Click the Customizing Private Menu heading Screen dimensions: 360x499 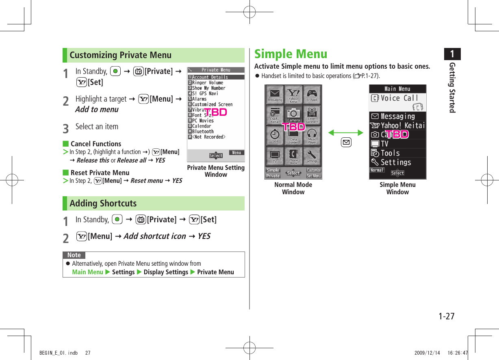(x=121, y=55)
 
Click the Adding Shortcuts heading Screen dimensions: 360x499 (x=103, y=204)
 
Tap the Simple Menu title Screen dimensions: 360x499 (x=291, y=54)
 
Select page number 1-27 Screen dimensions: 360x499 (x=446, y=316)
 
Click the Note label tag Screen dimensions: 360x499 (x=74, y=255)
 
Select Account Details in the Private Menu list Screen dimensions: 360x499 (x=210, y=77)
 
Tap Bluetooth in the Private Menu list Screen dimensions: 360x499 (x=203, y=132)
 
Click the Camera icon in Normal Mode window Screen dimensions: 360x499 (x=293, y=115)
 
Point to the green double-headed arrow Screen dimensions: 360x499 (x=346, y=133)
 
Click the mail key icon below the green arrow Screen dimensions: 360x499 (x=346, y=142)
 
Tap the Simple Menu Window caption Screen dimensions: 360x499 (x=397, y=189)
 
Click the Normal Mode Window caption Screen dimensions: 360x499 (x=293, y=189)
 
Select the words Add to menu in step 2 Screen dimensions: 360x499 (x=97, y=109)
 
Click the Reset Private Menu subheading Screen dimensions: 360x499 (x=100, y=173)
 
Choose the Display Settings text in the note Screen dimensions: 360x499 (x=166, y=272)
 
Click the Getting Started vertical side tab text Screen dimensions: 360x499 (x=452, y=88)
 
